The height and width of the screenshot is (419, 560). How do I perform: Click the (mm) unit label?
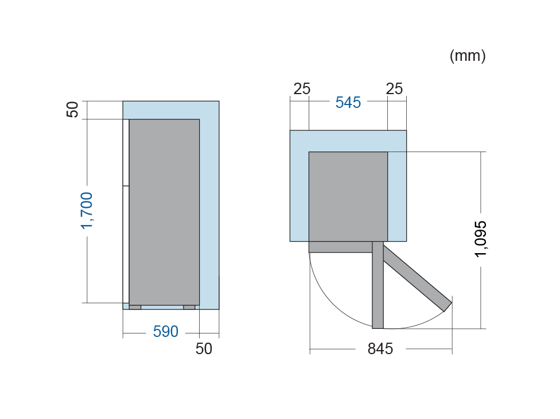[x=468, y=56]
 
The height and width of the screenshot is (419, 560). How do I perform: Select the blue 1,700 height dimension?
[x=87, y=211]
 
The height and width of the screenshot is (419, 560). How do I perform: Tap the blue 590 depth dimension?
[x=166, y=332]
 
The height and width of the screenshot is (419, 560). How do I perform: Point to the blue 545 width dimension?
[x=348, y=103]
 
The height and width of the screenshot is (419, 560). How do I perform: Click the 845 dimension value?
[x=380, y=348]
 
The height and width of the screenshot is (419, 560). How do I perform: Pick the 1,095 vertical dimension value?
[x=481, y=239]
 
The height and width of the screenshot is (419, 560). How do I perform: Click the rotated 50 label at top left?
[x=72, y=109]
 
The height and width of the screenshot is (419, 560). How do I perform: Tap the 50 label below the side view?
[x=204, y=348]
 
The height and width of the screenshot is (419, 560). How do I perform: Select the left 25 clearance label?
[x=302, y=89]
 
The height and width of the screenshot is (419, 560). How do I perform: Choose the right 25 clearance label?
[x=394, y=89]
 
